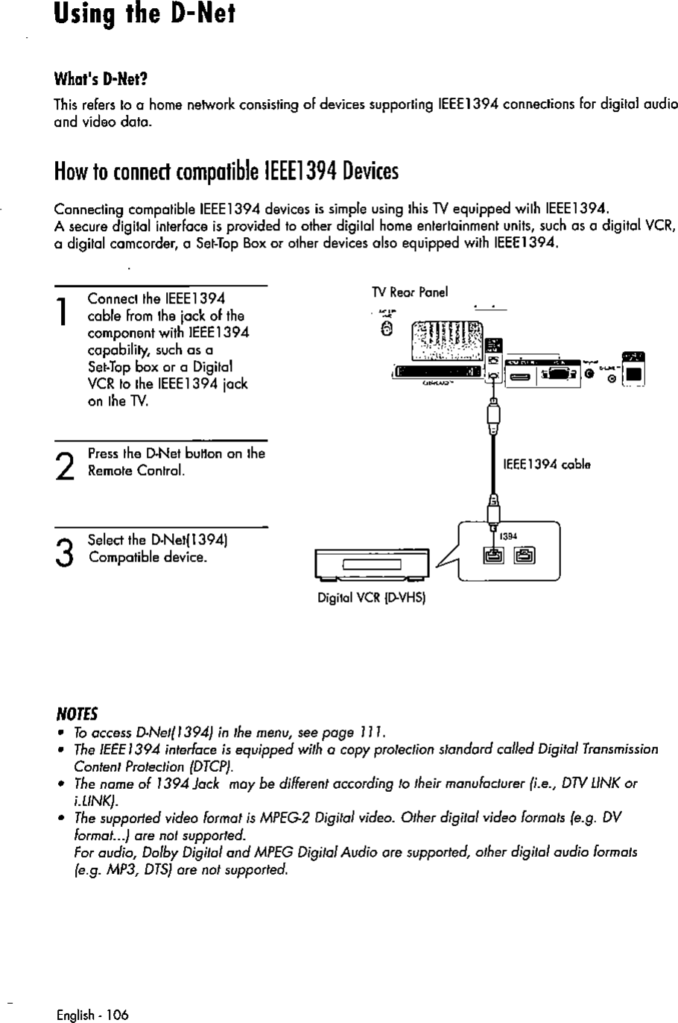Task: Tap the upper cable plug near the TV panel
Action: coord(492,414)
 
